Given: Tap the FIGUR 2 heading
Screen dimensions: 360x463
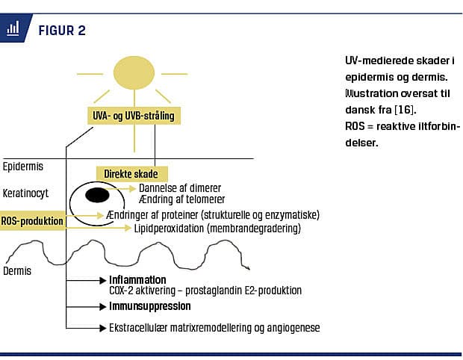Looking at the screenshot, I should [61, 31].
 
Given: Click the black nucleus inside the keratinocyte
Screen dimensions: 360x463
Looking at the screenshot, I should [96, 196].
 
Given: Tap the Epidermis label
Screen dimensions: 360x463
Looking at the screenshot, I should [24, 166].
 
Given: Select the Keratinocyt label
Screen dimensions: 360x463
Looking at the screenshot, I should [27, 193].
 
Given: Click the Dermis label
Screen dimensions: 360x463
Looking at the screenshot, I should [17, 270].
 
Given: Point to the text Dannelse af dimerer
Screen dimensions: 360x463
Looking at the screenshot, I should [180, 187].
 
